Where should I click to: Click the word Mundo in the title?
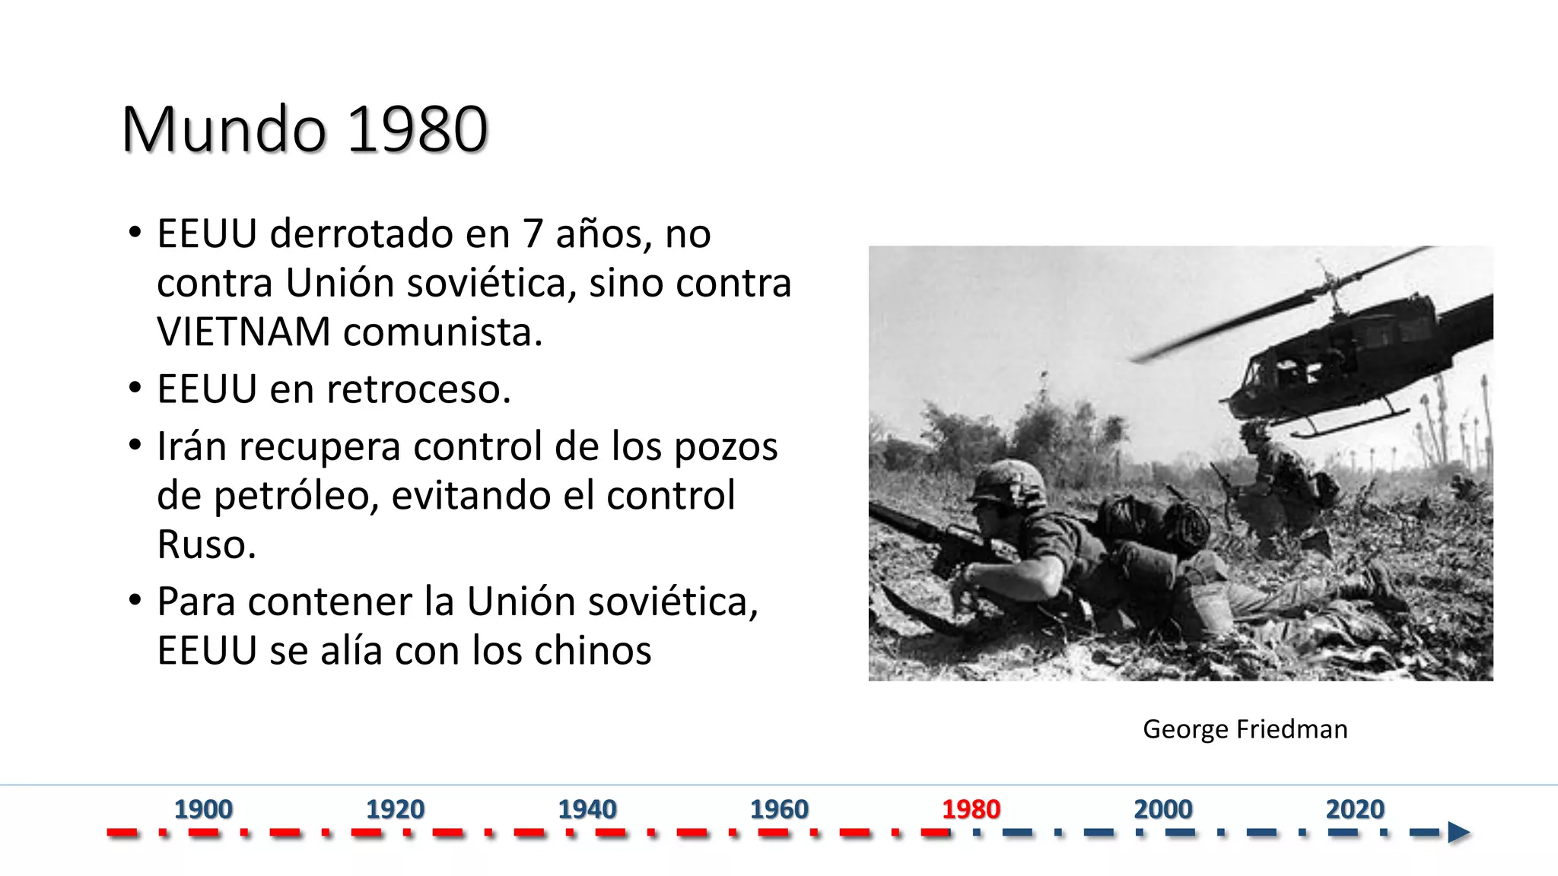click(224, 129)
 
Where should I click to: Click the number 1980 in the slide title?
click(418, 129)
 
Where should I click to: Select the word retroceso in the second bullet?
click(418, 389)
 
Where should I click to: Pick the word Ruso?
click(206, 544)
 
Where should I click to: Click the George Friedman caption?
click(1245, 729)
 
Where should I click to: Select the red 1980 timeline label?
click(971, 809)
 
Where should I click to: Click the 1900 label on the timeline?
click(203, 809)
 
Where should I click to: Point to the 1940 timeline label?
click(587, 809)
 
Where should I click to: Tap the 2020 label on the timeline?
click(1355, 809)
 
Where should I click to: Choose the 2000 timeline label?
click(1163, 809)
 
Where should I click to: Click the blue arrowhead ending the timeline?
click(1458, 833)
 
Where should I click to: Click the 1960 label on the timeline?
click(779, 809)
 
